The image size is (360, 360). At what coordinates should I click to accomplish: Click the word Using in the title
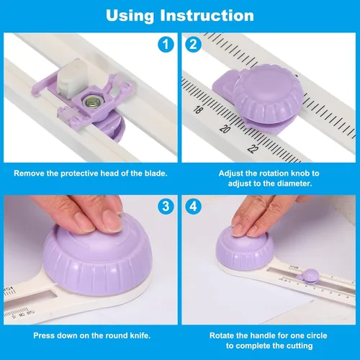click(x=130, y=16)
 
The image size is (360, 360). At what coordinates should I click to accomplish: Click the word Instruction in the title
click(x=207, y=16)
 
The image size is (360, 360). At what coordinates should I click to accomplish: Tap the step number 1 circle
click(x=166, y=45)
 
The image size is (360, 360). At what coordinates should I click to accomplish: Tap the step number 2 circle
click(x=193, y=45)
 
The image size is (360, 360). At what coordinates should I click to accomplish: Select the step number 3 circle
click(x=166, y=207)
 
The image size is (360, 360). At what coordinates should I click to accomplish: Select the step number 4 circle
click(x=193, y=207)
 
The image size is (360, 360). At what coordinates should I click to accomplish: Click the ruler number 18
click(x=198, y=109)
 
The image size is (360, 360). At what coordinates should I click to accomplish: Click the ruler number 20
click(x=225, y=129)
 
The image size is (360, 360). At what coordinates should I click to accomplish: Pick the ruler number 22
click(x=253, y=149)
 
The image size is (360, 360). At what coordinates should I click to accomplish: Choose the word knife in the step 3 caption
click(x=140, y=336)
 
